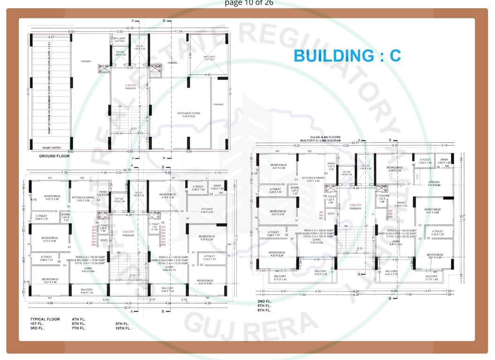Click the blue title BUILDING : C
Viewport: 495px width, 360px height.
click(x=347, y=55)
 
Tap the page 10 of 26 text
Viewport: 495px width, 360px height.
click(x=248, y=3)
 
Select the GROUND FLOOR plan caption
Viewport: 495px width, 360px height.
click(x=54, y=156)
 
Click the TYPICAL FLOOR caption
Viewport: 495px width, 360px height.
click(x=45, y=319)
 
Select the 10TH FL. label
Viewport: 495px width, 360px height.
click(x=124, y=328)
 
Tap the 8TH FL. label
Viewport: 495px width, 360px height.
click(x=264, y=310)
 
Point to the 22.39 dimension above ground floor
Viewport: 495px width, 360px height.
click(x=130, y=28)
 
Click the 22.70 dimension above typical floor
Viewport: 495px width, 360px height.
click(x=127, y=170)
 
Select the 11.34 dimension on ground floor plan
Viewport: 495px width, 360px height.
click(x=178, y=31)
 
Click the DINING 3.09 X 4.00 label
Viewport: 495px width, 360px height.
click(x=401, y=204)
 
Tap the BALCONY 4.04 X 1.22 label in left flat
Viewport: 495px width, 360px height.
click(x=87, y=291)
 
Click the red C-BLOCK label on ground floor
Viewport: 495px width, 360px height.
click(x=130, y=85)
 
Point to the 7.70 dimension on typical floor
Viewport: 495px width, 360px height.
click(x=65, y=173)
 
